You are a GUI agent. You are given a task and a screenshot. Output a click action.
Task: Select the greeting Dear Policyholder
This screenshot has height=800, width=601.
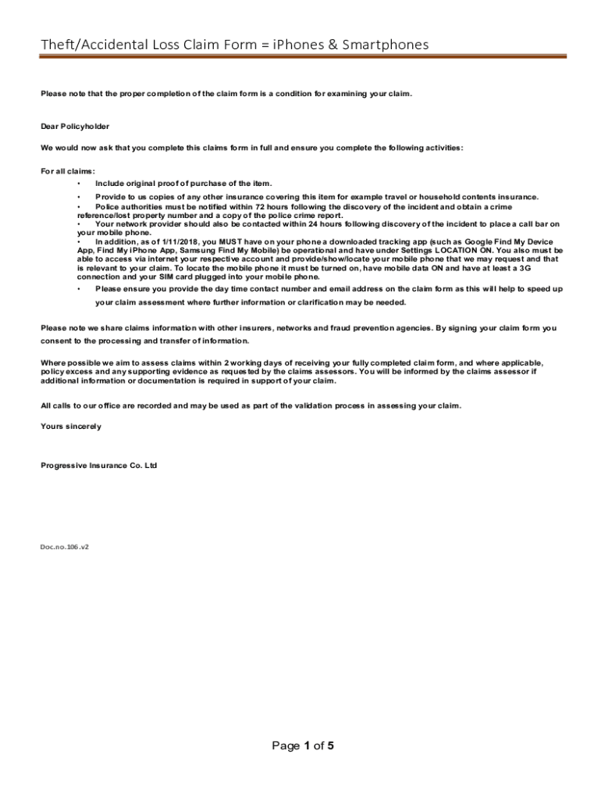75,126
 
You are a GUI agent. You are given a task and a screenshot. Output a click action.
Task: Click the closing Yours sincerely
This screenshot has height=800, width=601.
70,427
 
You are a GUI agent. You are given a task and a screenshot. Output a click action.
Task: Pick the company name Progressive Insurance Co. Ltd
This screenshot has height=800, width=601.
98,466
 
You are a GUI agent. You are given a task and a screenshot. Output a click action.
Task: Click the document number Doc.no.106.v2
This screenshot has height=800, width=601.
65,547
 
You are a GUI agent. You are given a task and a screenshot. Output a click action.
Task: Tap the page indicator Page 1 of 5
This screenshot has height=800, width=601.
303,746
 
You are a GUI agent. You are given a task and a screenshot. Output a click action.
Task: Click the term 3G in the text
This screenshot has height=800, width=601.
525,267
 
